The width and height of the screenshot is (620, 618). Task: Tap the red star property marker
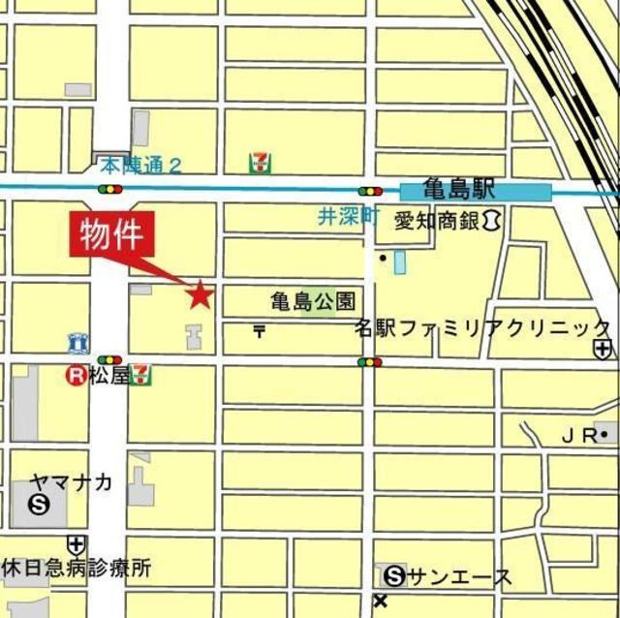click(x=200, y=294)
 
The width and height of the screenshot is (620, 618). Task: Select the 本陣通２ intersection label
click(x=139, y=165)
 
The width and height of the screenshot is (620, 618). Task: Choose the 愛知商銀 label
click(x=437, y=222)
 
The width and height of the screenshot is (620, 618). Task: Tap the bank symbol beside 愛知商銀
click(x=491, y=222)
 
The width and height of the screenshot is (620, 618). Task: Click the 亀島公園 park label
click(x=313, y=301)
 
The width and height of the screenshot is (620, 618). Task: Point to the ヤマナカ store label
click(x=71, y=481)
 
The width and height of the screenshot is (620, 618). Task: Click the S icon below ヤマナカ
click(x=40, y=504)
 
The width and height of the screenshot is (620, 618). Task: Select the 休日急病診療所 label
click(x=77, y=569)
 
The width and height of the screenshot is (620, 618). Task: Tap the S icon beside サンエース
click(x=393, y=577)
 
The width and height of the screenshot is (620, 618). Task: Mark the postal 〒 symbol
click(x=259, y=331)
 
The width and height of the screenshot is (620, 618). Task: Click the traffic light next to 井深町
click(x=369, y=191)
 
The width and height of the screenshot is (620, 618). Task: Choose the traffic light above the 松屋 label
click(x=109, y=359)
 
